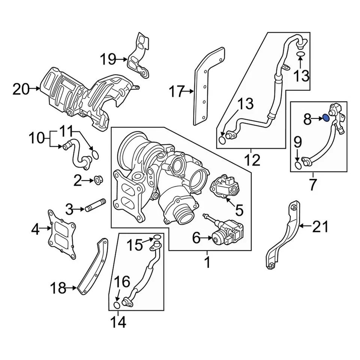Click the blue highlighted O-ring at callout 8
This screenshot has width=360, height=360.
pos(326,118)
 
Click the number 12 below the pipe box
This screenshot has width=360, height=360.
pos(251,160)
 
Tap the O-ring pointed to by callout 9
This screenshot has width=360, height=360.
pos(298,165)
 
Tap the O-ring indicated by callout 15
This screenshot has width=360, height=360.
pos(157,237)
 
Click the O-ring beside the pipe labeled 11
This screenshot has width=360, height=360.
pos(95,154)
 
